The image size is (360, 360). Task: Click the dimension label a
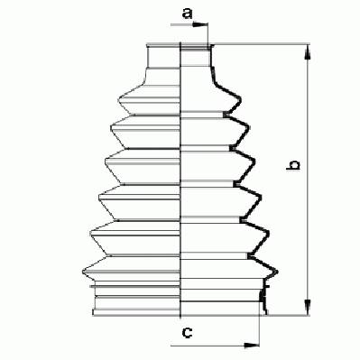click(187, 14)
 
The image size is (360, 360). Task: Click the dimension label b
click(293, 165)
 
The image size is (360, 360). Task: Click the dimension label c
click(187, 332)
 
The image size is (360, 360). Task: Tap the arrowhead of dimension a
click(200, 24)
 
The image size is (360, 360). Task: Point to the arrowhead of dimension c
click(252, 346)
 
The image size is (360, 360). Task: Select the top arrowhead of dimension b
click(308, 52)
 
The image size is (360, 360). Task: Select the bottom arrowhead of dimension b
click(308, 308)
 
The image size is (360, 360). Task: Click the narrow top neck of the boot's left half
click(163, 56)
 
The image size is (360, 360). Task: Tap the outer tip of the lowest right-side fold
click(277, 272)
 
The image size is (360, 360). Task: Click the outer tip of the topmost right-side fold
click(241, 98)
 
